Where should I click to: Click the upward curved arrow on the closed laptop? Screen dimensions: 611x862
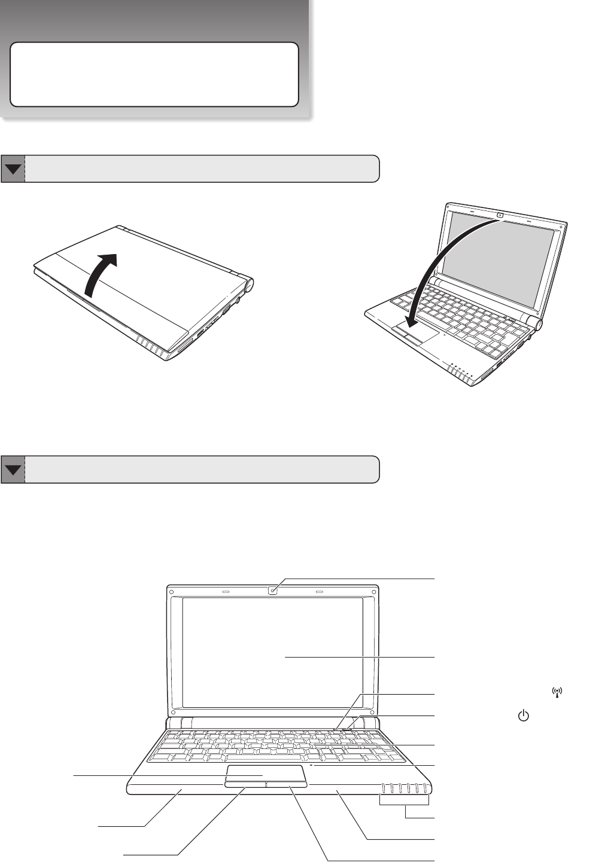pos(99,274)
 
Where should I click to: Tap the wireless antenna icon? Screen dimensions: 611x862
pos(558,693)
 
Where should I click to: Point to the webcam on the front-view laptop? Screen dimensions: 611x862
pos(273,591)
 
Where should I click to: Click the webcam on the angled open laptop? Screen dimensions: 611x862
pos(499,215)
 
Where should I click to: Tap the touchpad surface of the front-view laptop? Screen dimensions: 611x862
pos(266,772)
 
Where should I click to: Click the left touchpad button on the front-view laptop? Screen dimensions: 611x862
pos(245,784)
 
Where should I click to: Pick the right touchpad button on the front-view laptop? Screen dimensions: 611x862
pos(287,784)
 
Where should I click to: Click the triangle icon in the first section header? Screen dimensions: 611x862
pos(13,169)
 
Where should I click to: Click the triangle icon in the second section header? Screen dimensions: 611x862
pos(13,469)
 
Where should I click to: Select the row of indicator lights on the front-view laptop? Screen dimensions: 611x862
pos(404,787)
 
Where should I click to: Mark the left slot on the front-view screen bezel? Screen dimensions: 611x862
pos(226,591)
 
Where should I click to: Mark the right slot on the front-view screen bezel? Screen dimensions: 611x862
pos(319,591)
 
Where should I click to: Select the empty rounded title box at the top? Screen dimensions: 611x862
pos(154,74)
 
